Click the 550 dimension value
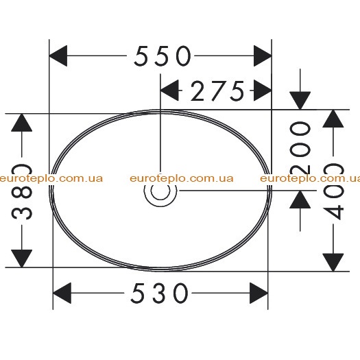[x=163, y=56]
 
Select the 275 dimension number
[x=217, y=91]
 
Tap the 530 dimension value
[x=160, y=293]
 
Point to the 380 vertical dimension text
[x=22, y=191]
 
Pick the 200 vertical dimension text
[x=300, y=147]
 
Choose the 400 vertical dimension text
[x=333, y=191]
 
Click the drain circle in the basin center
[x=160, y=191]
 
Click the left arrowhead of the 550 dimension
[x=58, y=56]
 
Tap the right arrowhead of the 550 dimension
[x=263, y=56]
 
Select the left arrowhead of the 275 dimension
[x=169, y=91]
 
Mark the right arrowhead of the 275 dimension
[x=263, y=91]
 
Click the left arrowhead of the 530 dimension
[x=62, y=293]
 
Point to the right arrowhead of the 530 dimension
[x=259, y=293]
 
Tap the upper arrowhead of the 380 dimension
[x=22, y=122]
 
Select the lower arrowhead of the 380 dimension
[x=22, y=259]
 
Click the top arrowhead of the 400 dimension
[x=333, y=119]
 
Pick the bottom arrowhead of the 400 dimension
[x=333, y=263]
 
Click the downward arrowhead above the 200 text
[x=300, y=101]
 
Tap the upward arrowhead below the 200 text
[x=300, y=200]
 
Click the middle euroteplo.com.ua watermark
[x=182, y=178]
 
